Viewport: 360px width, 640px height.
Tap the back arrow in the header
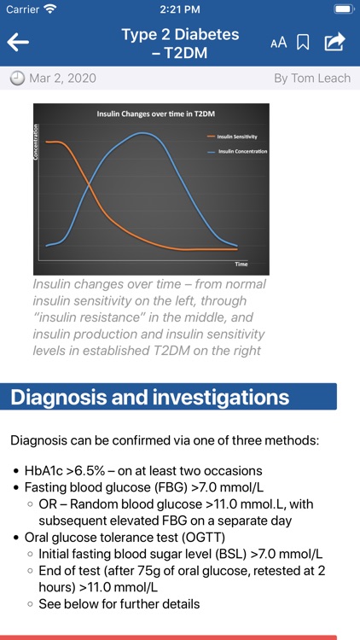pos(18,43)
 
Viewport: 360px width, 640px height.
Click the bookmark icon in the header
pos(303,43)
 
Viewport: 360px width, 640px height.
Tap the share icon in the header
pos(335,42)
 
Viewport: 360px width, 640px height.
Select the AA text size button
pos(278,43)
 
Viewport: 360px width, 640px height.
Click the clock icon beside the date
pos(17,79)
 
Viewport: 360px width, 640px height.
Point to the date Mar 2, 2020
pos(62,79)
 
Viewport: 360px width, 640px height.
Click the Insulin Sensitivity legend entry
pos(236,137)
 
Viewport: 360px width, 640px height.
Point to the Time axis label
pos(241,265)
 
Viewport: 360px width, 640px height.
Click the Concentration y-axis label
pos(38,141)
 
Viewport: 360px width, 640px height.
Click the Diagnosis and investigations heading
pos(150,397)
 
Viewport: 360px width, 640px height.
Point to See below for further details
pos(119,604)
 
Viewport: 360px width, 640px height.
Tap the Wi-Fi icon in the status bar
pos(50,9)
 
